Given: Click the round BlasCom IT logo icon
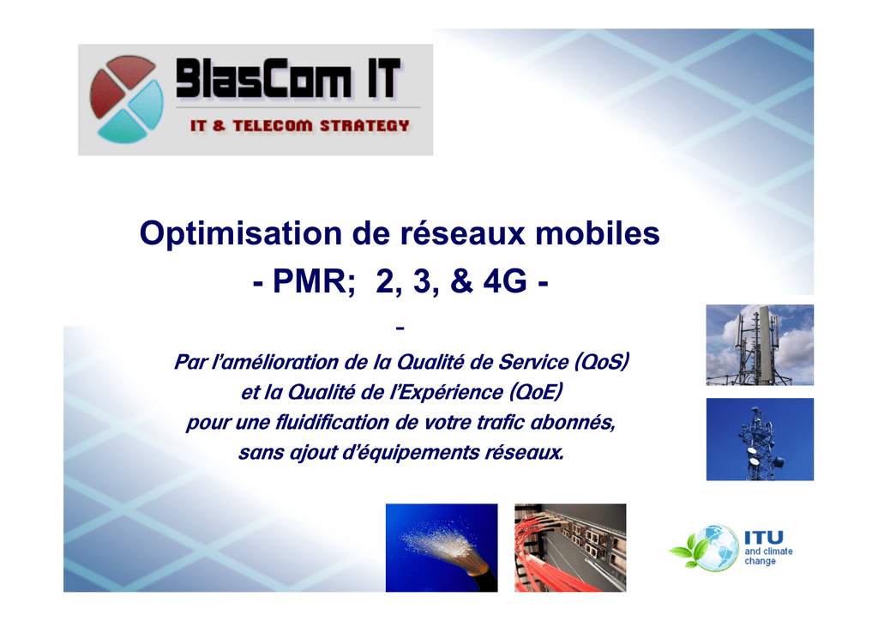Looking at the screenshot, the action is coord(127,99).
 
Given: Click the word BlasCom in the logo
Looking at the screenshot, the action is coord(264,78).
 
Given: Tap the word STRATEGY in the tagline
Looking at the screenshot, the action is coord(364,126).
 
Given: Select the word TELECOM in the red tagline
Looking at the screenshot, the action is coord(273,126).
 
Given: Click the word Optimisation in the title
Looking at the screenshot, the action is coord(241,233).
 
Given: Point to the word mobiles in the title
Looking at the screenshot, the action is coord(598,232).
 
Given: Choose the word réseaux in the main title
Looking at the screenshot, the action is coord(462,232).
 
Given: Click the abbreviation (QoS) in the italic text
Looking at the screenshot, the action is coord(602,362).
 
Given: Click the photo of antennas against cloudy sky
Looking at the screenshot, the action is coord(760,345).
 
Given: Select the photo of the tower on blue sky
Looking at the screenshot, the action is coord(760,439).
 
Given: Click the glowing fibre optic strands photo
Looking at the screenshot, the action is coord(442,547).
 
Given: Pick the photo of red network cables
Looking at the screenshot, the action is coord(570,547).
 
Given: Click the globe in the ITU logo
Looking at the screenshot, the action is coord(713,547).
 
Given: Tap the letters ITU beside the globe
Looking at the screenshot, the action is coord(764,538).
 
